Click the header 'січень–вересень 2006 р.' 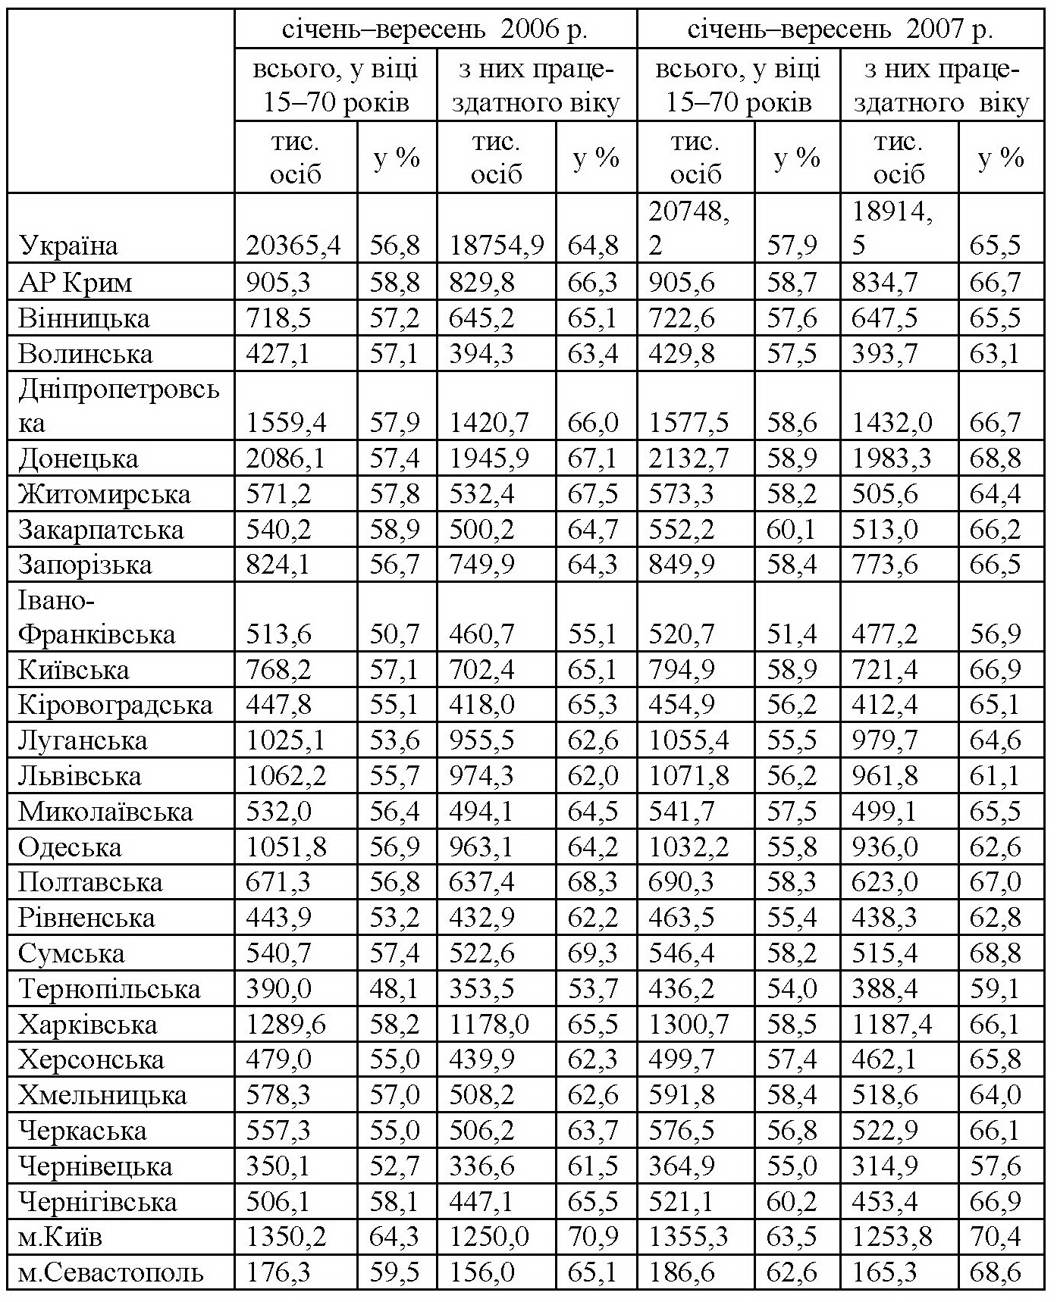[435, 29]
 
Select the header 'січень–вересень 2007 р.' [840, 29]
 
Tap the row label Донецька [79, 459]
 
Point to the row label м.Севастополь [111, 1272]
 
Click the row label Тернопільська [109, 989]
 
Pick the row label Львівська [80, 776]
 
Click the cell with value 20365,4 [294, 246]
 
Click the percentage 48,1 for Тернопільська [394, 989]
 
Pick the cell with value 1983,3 [892, 459]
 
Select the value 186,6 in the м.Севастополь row [682, 1272]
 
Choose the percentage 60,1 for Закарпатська [792, 529]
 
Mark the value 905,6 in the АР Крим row [682, 283]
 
